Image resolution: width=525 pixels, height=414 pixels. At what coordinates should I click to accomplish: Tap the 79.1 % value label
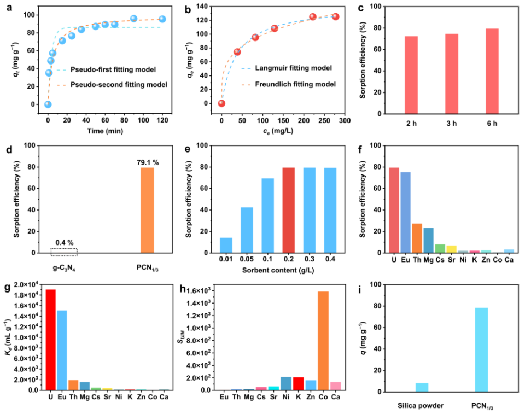pyautogui.click(x=147, y=162)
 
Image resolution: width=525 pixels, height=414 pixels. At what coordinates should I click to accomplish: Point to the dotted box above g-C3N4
pyautogui.click(x=63, y=252)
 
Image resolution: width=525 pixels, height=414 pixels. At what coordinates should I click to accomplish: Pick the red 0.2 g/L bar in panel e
pyautogui.click(x=288, y=210)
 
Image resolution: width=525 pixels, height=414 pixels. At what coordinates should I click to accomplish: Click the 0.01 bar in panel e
pyautogui.click(x=226, y=245)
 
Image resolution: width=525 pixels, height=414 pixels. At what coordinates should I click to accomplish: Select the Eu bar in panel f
pyautogui.click(x=405, y=212)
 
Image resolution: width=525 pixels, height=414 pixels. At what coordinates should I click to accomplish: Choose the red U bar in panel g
pyautogui.click(x=50, y=340)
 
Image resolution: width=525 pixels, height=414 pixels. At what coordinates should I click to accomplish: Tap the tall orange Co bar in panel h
pyautogui.click(x=323, y=341)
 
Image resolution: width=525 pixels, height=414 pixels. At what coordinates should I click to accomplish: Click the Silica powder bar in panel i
pyautogui.click(x=422, y=387)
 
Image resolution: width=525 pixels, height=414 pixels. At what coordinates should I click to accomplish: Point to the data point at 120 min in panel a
pyautogui.click(x=162, y=19)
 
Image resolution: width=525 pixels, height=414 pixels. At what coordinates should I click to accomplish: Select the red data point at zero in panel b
pyautogui.click(x=221, y=103)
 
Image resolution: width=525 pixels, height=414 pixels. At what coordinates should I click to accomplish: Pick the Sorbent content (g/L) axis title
pyautogui.click(x=288, y=270)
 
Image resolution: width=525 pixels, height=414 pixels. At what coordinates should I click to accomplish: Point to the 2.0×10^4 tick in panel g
pyautogui.click(x=26, y=284)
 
